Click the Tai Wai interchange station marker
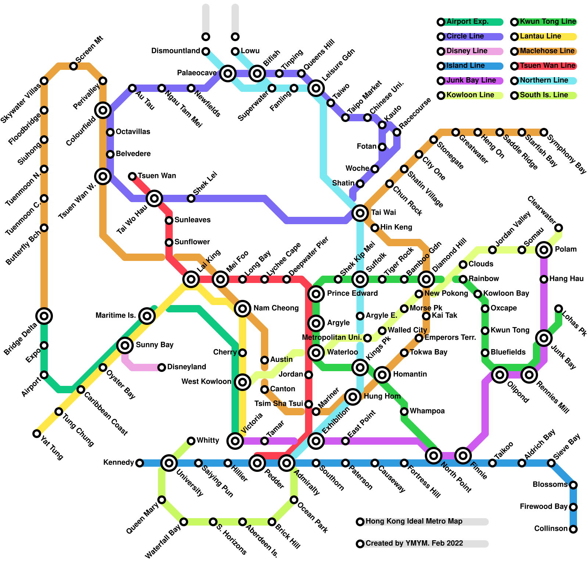pyautogui.click(x=360, y=213)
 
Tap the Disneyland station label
pyautogui.click(x=186, y=367)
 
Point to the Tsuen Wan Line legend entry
pyautogui.click(x=547, y=66)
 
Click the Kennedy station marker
pyautogui.click(x=140, y=463)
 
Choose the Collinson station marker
pyautogui.click(x=573, y=529)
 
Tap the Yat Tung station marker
pyautogui.click(x=37, y=434)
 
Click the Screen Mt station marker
pyautogui.click(x=73, y=66)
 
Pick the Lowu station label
pyautogui.click(x=250, y=51)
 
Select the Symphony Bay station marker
pyautogui.click(x=544, y=132)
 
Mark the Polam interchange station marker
pyautogui.click(x=544, y=250)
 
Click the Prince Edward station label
pyautogui.click(x=352, y=294)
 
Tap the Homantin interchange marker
pyautogui.click(x=382, y=375)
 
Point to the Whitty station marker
pyautogui.click(x=191, y=441)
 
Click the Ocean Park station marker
pyautogui.click(x=294, y=500)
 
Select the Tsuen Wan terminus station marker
pyautogui.click(x=132, y=176)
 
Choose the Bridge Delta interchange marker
pyautogui.click(x=44, y=316)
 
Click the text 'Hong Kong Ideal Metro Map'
pyautogui.click(x=414, y=521)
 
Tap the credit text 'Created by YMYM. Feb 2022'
pyautogui.click(x=414, y=544)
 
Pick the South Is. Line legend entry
pyautogui.click(x=544, y=95)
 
